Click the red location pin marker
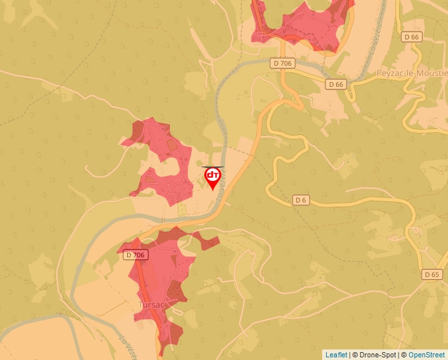213,176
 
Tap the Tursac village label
151,305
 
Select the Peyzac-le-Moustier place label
412,73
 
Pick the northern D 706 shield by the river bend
281,63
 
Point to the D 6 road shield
300,199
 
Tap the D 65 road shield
432,274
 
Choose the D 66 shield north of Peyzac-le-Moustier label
412,37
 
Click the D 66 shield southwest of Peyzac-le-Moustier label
336,84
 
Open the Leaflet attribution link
336,355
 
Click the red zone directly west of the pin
161,158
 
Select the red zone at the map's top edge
300,23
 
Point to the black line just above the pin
213,167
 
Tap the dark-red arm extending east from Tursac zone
208,242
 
